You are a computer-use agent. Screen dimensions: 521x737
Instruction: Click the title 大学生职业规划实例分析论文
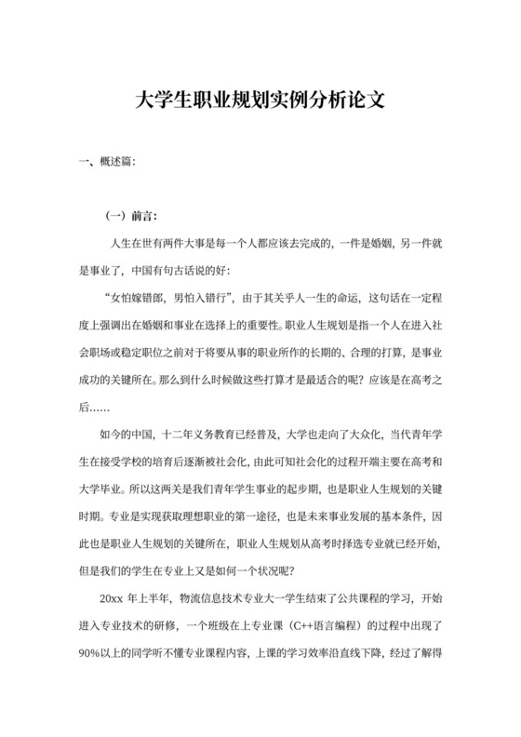[x=260, y=99]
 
